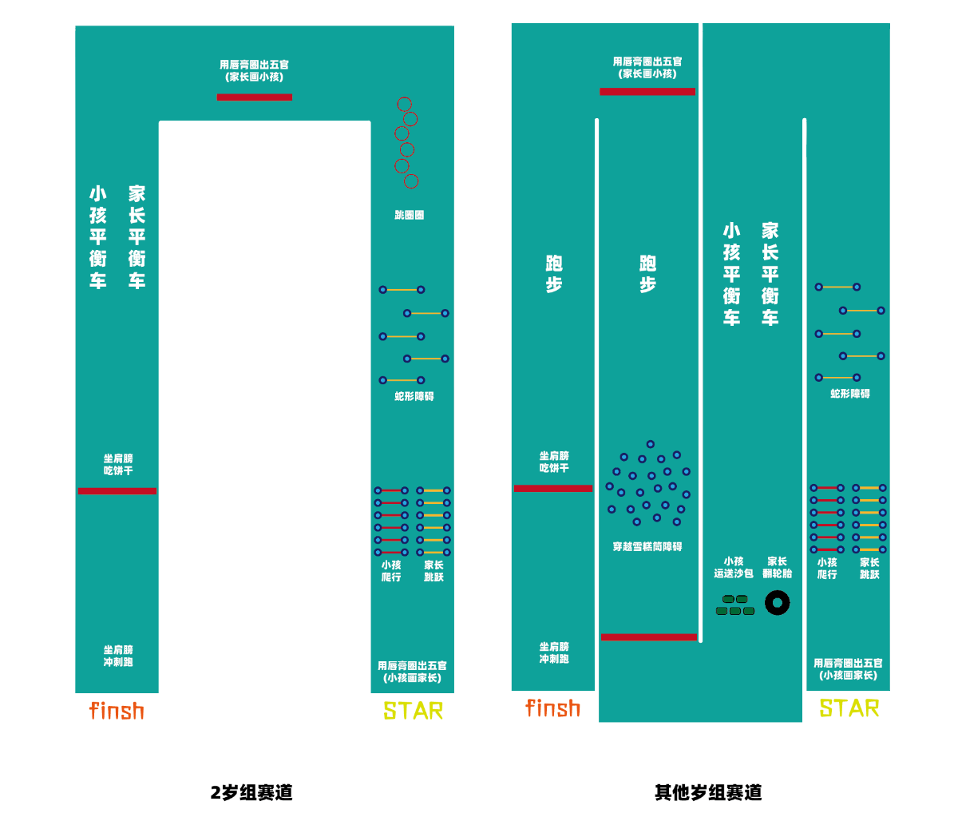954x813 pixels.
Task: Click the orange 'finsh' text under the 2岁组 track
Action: (117, 710)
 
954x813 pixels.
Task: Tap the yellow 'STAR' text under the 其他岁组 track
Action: (849, 708)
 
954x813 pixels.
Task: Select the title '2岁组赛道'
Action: (251, 792)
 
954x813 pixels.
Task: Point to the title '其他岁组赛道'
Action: (708, 792)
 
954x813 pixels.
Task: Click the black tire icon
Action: (777, 603)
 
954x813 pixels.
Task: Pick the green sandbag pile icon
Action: (735, 605)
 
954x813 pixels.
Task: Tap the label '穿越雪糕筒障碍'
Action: (647, 546)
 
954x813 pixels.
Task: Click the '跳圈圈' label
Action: (409, 215)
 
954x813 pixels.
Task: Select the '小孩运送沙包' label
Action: (734, 567)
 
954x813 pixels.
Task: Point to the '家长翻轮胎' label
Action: (777, 567)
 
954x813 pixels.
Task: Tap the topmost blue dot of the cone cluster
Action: (651, 444)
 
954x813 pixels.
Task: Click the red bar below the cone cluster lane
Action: (648, 637)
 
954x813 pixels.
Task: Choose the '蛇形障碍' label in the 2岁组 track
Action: (414, 396)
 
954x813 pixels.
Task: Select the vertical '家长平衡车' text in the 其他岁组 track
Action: (770, 274)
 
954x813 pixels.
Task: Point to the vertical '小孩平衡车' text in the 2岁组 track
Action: (98, 237)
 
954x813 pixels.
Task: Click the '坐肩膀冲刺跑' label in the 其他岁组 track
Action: (554, 652)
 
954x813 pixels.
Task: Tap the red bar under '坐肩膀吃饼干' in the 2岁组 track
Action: (117, 491)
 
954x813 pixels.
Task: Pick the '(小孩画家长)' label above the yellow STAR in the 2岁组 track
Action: (413, 678)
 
